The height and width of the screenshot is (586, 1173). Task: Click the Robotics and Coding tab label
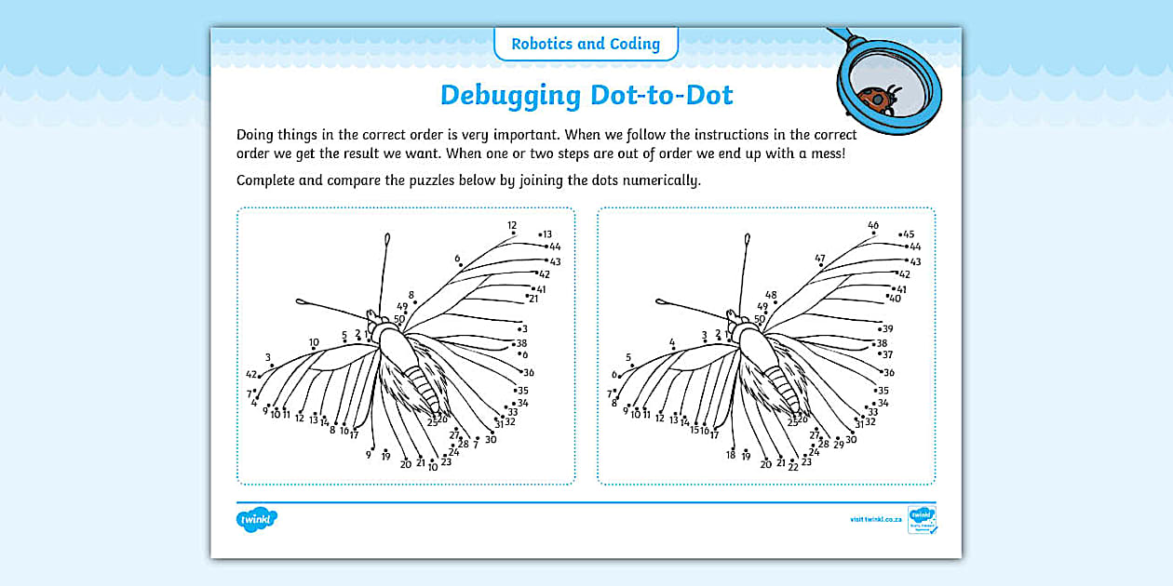click(586, 44)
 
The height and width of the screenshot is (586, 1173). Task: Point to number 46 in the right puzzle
click(873, 225)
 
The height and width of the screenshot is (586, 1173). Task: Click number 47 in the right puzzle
click(820, 259)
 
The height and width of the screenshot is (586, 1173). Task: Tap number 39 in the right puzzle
click(887, 329)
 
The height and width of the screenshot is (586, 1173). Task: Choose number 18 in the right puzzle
click(731, 455)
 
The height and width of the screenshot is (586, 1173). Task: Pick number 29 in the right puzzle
click(838, 445)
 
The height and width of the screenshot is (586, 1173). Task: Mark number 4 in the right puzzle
click(672, 342)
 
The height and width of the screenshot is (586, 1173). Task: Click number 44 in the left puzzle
click(555, 246)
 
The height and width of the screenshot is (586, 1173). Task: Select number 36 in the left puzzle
click(529, 372)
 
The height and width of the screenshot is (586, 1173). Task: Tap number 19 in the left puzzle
click(385, 457)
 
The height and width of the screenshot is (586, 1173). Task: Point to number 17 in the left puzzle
click(354, 435)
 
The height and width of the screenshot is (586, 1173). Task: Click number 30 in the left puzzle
click(491, 439)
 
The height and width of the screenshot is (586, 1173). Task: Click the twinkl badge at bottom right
click(922, 519)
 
